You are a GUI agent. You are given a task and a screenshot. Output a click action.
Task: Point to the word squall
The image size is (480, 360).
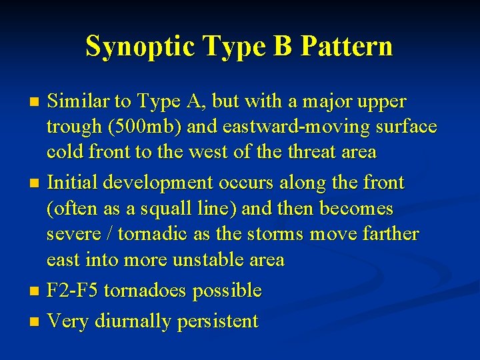[x=153, y=209]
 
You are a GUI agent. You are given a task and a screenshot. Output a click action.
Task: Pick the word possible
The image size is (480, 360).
[x=227, y=291]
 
